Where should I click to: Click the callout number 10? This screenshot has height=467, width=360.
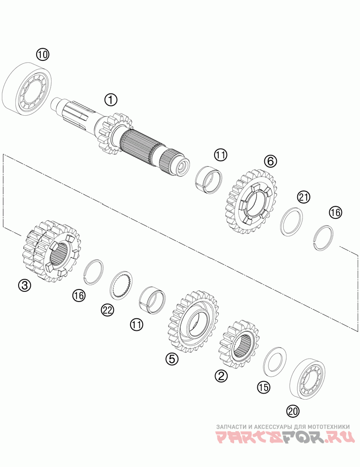43,54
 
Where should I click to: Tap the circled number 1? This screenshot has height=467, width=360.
111,99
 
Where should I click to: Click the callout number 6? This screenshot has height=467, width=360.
270,161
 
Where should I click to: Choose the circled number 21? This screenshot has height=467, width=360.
303,197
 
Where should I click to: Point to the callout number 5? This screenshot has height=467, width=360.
172,359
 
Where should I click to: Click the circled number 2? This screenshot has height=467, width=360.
222,375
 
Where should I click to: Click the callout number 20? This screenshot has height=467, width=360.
293,411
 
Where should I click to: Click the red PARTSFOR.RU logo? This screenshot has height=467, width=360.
284,437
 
